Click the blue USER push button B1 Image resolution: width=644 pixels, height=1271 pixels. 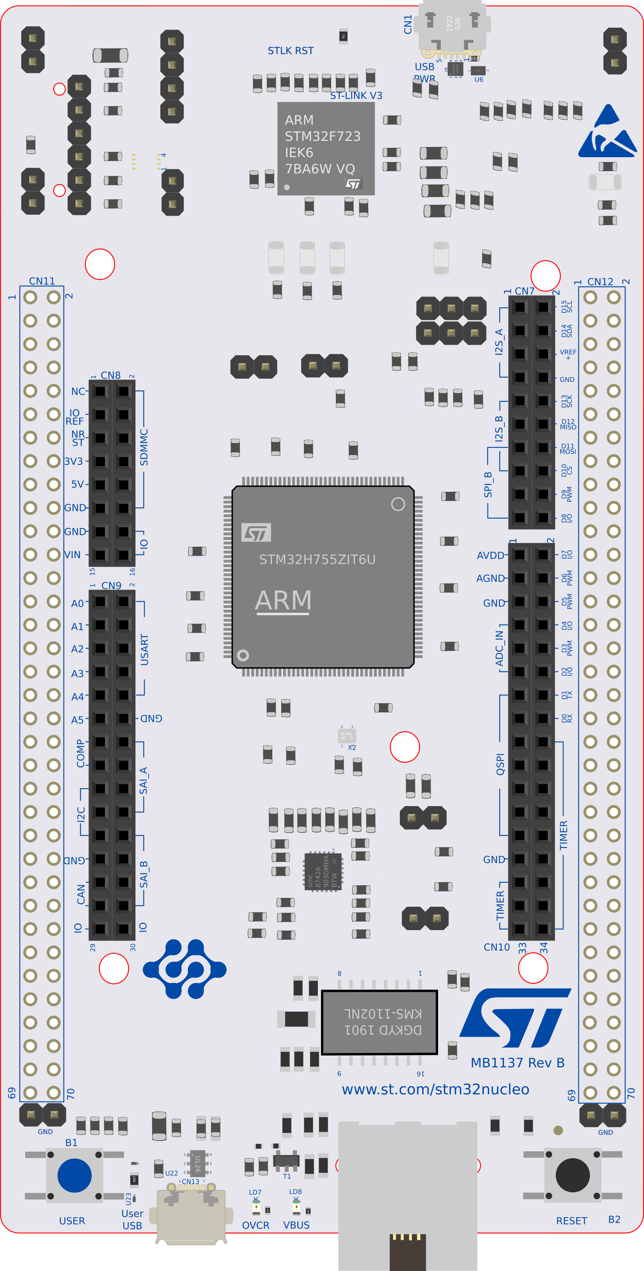75,1176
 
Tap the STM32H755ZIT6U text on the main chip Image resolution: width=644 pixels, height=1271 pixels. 317,560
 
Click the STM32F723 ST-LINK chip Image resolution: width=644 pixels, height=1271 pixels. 326,149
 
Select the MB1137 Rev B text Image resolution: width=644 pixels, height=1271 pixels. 517,1063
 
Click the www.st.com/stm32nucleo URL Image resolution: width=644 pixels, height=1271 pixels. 435,1089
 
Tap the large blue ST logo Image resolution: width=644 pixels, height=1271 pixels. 515,1018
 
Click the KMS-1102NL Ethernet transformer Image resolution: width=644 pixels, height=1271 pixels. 380,1022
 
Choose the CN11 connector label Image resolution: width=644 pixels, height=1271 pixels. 42,281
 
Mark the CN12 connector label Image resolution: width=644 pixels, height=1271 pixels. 600,282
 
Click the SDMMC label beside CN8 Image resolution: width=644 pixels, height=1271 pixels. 144,447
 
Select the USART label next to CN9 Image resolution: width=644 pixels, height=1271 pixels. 145,650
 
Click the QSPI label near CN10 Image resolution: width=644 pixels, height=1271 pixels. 500,764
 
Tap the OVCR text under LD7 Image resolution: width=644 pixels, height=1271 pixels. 255,1225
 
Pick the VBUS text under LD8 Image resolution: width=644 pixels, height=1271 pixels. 296,1225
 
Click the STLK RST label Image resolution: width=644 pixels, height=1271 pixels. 290,51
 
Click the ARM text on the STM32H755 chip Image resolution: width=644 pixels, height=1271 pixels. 283,601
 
